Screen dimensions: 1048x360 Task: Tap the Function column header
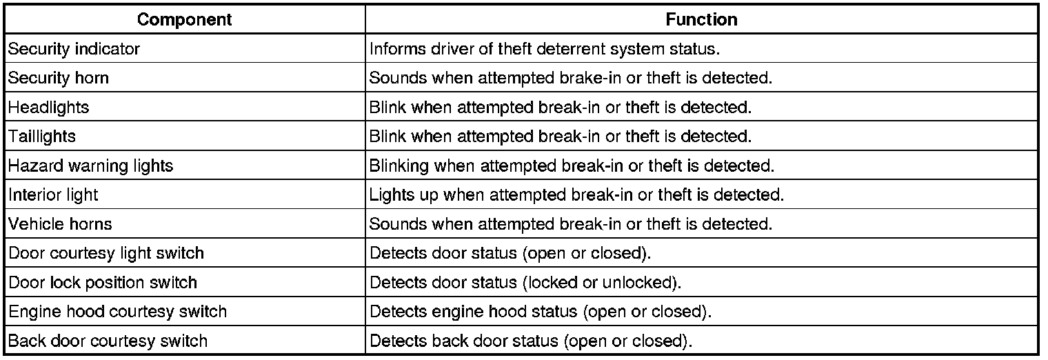click(701, 20)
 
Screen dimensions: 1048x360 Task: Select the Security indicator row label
click(74, 50)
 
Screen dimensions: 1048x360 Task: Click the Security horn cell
click(59, 79)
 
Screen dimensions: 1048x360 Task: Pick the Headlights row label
click(48, 108)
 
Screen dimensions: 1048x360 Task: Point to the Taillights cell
click(42, 137)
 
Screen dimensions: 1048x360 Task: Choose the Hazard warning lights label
click(90, 166)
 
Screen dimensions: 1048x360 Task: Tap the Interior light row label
click(53, 195)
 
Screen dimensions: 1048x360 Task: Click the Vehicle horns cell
click(60, 224)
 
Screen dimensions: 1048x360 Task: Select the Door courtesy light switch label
click(106, 253)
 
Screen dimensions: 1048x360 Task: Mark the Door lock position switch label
click(103, 283)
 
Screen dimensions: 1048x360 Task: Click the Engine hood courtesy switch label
click(117, 312)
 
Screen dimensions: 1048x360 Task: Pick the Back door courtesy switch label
click(108, 341)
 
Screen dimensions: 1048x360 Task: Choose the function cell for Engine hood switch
click(541, 312)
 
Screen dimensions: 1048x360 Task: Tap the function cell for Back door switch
click(531, 341)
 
